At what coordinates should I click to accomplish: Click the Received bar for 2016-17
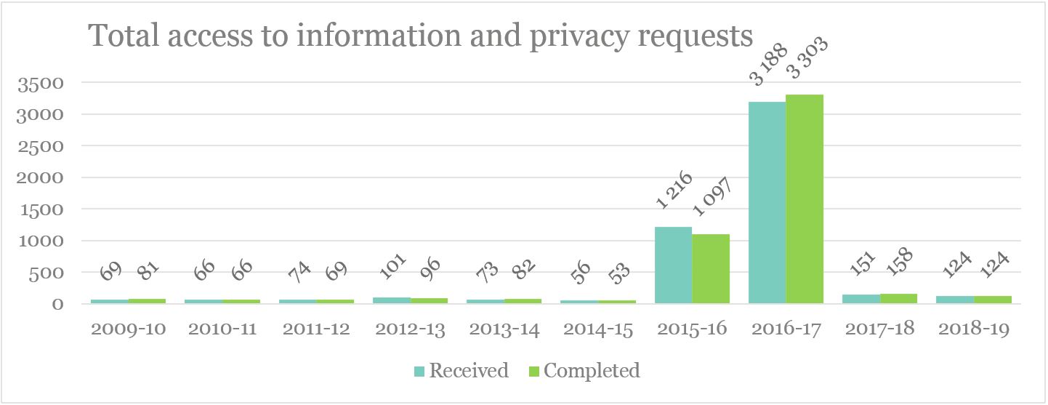click(x=767, y=202)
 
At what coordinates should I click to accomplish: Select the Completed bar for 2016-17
click(x=805, y=199)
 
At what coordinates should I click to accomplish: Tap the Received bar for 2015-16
click(x=673, y=265)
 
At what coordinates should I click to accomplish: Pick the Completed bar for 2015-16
click(x=711, y=268)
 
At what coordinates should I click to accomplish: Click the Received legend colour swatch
click(x=419, y=372)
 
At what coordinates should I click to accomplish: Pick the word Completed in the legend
click(x=592, y=371)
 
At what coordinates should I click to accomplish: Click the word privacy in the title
click(x=575, y=36)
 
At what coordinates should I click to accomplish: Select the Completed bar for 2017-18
click(x=899, y=298)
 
